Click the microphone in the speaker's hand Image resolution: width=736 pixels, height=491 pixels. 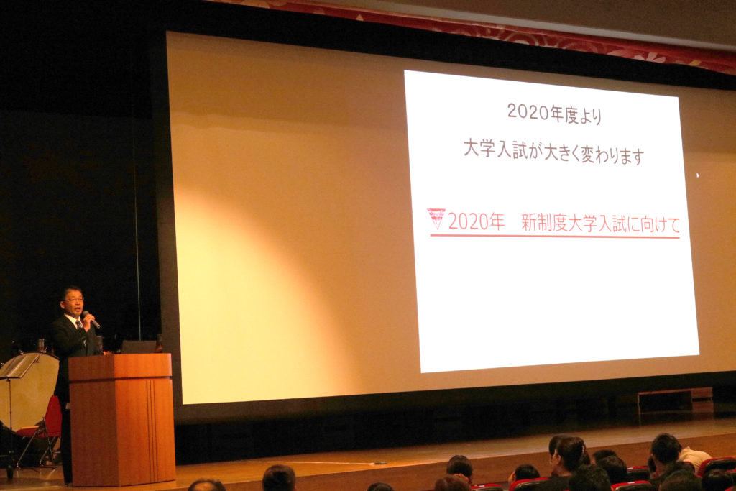[91, 319]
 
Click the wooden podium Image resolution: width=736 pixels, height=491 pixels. [121, 418]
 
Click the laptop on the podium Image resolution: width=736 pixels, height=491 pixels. [139, 347]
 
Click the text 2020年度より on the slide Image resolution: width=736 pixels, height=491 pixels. [554, 114]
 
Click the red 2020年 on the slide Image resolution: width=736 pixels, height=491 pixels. [476, 221]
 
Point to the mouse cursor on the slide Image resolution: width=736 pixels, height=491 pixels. [697, 175]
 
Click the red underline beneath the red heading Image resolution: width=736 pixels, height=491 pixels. [555, 236]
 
